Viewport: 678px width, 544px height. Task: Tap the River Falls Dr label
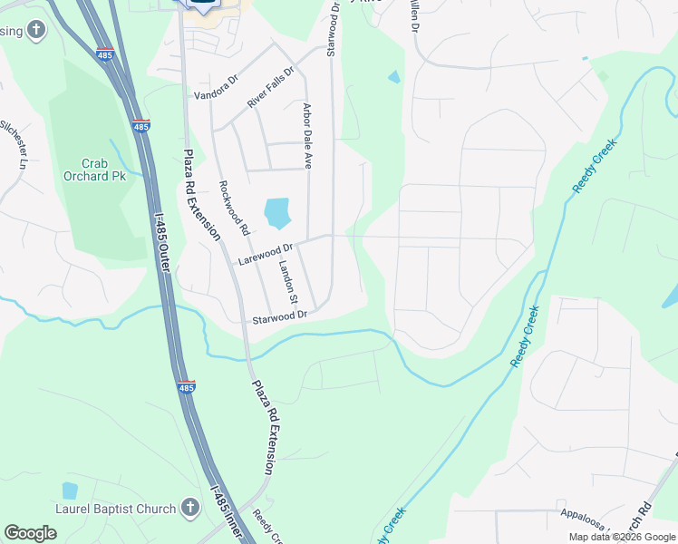[x=271, y=88]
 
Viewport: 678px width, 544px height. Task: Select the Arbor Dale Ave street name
[x=307, y=136]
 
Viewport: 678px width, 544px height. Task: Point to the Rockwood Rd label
[x=234, y=208]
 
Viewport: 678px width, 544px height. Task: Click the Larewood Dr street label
[x=266, y=253]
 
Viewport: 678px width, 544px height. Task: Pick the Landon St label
[x=287, y=282]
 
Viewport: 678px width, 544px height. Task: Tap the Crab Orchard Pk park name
[x=94, y=169]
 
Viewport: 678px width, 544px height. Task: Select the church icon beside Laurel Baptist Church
[x=189, y=508]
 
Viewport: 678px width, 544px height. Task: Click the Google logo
[x=30, y=533]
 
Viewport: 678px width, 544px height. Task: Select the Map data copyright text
[x=622, y=537]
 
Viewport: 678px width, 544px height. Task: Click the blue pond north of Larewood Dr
[x=276, y=213]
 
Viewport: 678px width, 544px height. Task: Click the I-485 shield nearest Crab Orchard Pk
[x=140, y=126]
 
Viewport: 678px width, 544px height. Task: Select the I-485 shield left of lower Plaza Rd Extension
[x=186, y=387]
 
